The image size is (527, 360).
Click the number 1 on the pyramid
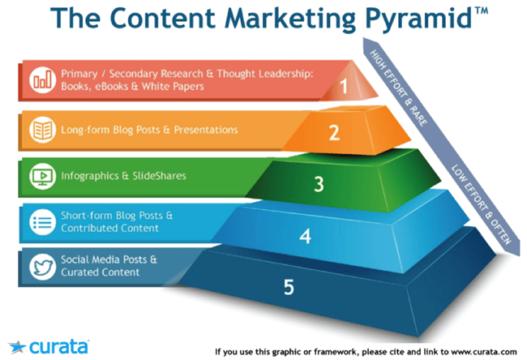(344, 84)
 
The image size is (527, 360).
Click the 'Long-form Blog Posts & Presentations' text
(150, 129)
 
